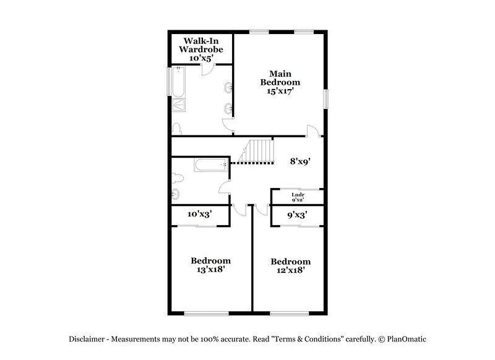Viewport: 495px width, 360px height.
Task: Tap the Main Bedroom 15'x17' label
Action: [280, 82]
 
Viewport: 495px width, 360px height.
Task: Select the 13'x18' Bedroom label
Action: [210, 265]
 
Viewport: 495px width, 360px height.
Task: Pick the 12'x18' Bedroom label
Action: [291, 266]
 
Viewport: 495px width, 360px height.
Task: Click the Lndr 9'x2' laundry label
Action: [298, 197]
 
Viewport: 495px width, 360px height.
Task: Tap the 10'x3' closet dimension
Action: [200, 215]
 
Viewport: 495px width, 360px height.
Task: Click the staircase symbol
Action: [258, 152]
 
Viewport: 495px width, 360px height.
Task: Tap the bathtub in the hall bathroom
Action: [211, 165]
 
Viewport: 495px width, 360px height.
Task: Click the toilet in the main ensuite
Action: [178, 128]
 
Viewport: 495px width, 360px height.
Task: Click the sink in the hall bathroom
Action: [176, 196]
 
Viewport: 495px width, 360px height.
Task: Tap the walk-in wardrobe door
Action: [210, 60]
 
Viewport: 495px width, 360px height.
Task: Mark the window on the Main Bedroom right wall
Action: [326, 99]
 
